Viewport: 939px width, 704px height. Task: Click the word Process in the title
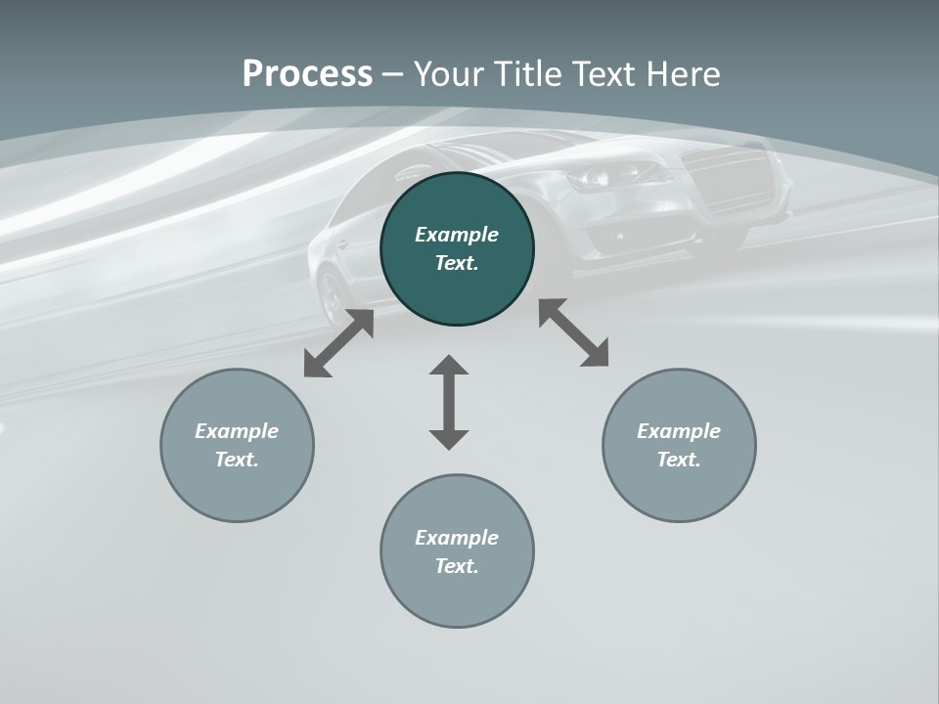pos(307,74)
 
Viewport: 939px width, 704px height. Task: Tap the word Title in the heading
pos(529,74)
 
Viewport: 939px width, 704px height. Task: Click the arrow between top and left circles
pos(338,343)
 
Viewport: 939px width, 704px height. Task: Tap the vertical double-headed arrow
pos(449,402)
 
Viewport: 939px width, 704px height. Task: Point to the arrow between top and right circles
pos(574,332)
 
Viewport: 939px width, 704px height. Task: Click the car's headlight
pos(599,177)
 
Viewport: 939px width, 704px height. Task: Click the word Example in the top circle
pos(457,235)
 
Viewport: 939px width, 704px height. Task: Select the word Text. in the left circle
pos(237,460)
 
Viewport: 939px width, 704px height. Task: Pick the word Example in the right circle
pos(679,431)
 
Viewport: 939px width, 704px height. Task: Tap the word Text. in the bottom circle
pos(457,566)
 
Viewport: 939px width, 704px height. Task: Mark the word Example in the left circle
pos(237,431)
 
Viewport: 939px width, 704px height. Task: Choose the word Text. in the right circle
pos(679,460)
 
